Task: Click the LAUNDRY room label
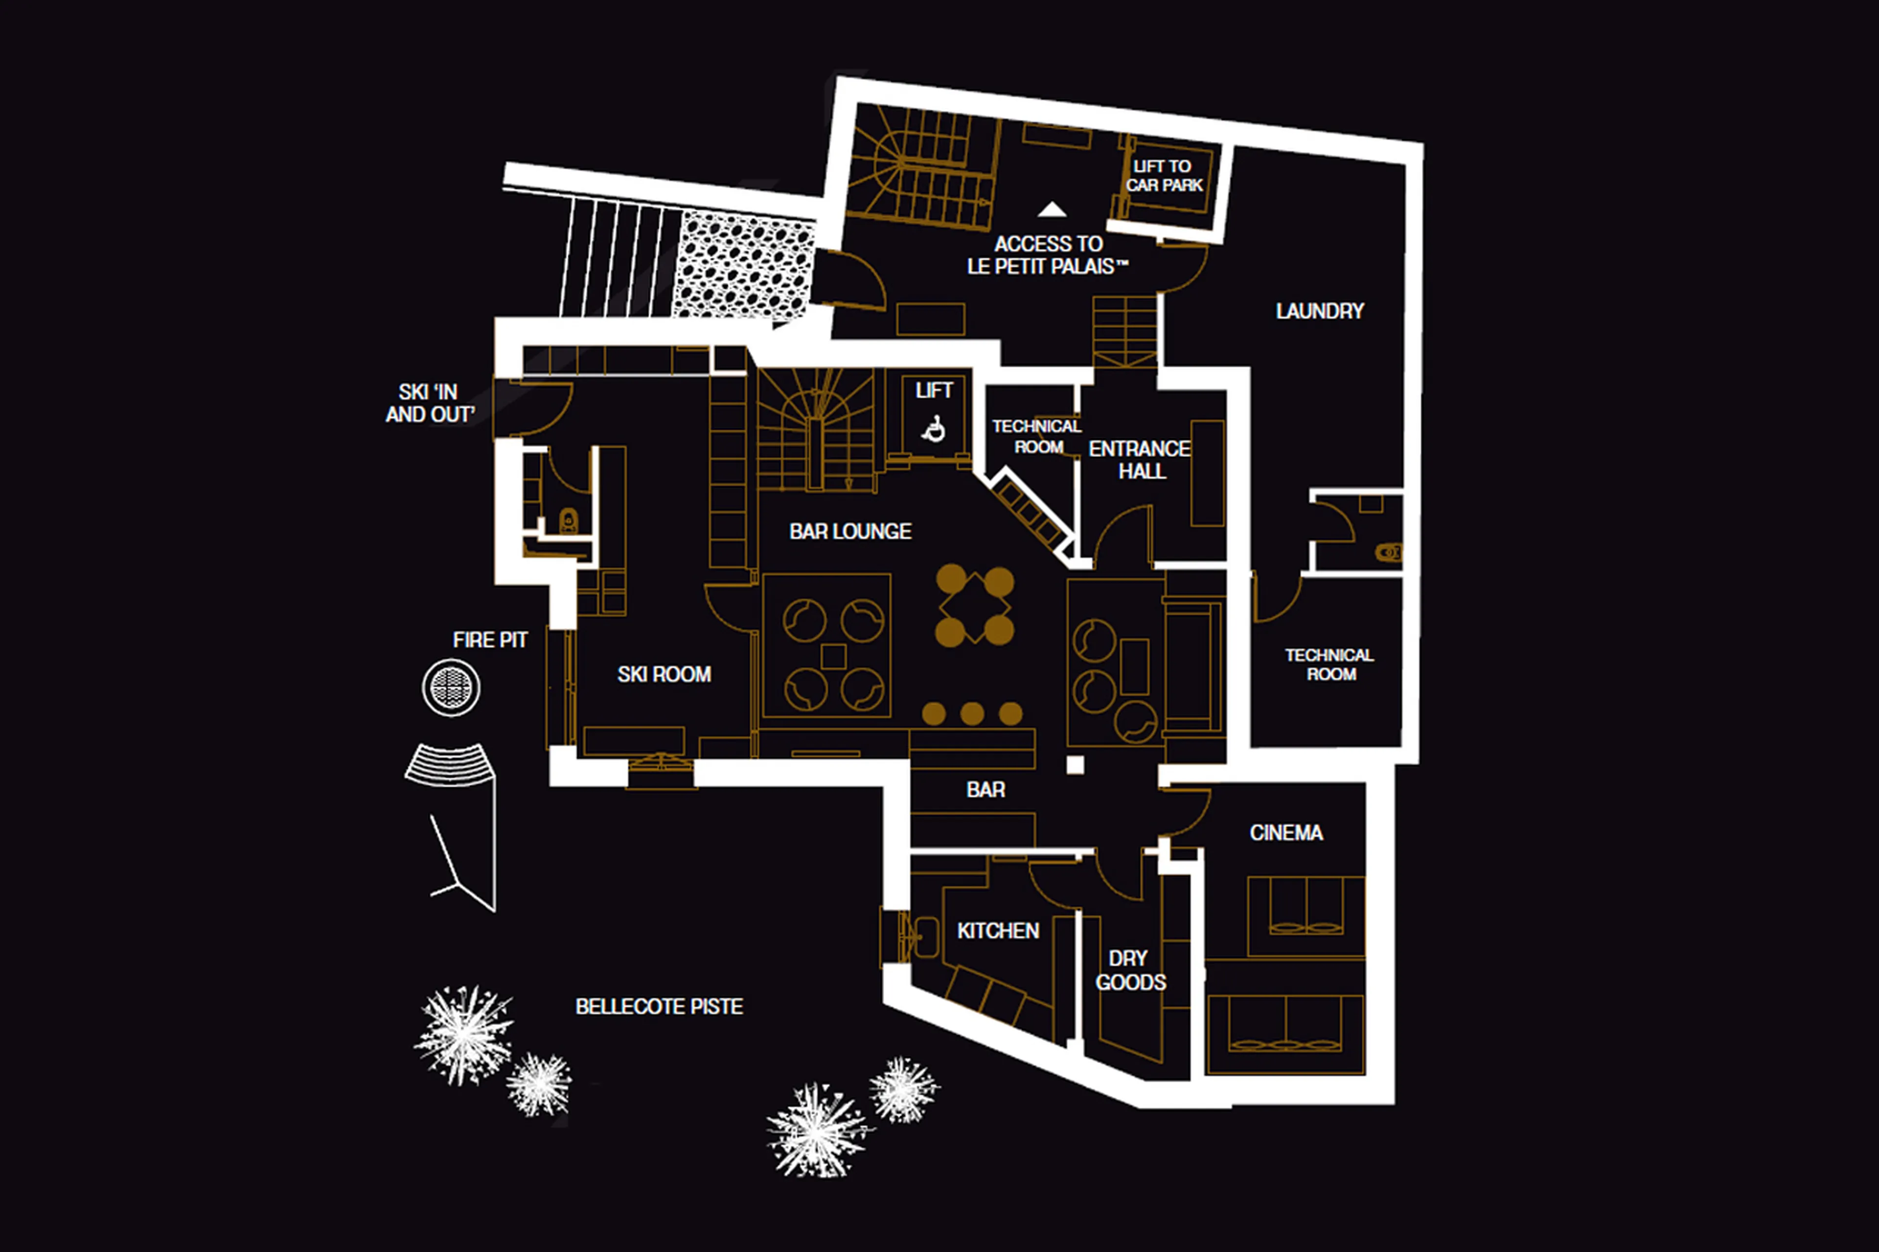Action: (1319, 311)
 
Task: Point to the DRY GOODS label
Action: (1130, 970)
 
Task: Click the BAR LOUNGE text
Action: (849, 532)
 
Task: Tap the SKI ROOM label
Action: (664, 675)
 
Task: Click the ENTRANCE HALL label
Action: (1140, 460)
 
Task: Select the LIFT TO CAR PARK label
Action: (1164, 176)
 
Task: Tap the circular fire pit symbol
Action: (451, 687)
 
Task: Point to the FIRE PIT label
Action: (489, 640)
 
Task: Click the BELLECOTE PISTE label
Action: (659, 1007)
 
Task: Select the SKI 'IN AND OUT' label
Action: (430, 403)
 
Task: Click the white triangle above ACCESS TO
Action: (1052, 210)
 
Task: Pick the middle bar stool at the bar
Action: (972, 713)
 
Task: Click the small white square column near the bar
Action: (1075, 765)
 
